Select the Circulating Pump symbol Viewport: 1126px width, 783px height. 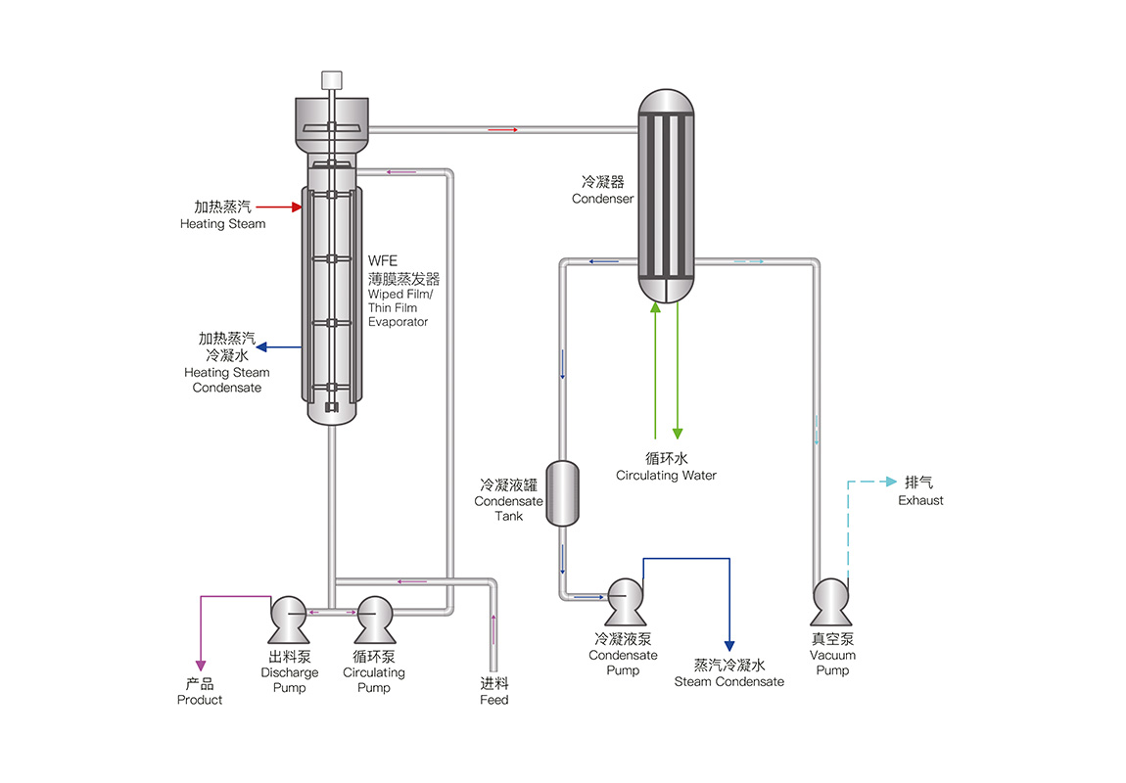click(374, 617)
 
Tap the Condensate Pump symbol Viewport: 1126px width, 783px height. click(625, 600)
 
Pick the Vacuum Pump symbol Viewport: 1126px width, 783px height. click(831, 600)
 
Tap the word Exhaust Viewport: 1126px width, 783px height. click(920, 500)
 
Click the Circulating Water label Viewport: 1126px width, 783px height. click(666, 476)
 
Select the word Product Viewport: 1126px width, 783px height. click(200, 700)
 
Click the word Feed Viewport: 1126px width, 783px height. click(494, 700)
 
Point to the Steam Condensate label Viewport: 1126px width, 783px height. click(728, 681)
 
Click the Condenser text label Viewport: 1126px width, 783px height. click(603, 199)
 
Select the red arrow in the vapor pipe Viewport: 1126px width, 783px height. click(502, 128)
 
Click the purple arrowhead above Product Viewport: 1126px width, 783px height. click(201, 666)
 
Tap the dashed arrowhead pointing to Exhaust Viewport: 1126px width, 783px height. click(890, 482)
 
